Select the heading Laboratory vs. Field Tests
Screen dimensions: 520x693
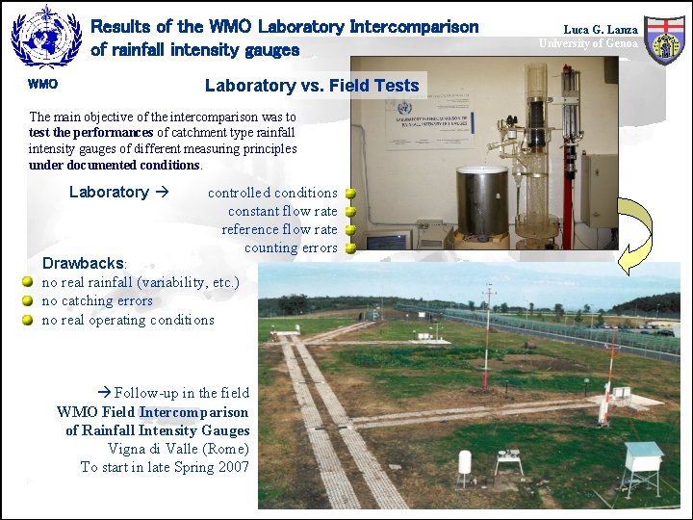coord(312,86)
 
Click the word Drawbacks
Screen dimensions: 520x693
coord(83,263)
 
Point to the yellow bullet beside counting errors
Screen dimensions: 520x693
coord(351,247)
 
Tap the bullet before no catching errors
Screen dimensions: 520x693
coord(29,300)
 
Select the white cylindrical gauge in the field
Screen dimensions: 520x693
coord(465,465)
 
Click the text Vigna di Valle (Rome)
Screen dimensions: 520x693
coord(179,449)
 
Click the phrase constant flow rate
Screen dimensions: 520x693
coord(283,211)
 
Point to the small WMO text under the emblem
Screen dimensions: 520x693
coord(42,84)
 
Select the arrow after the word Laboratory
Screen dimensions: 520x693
coord(162,192)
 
